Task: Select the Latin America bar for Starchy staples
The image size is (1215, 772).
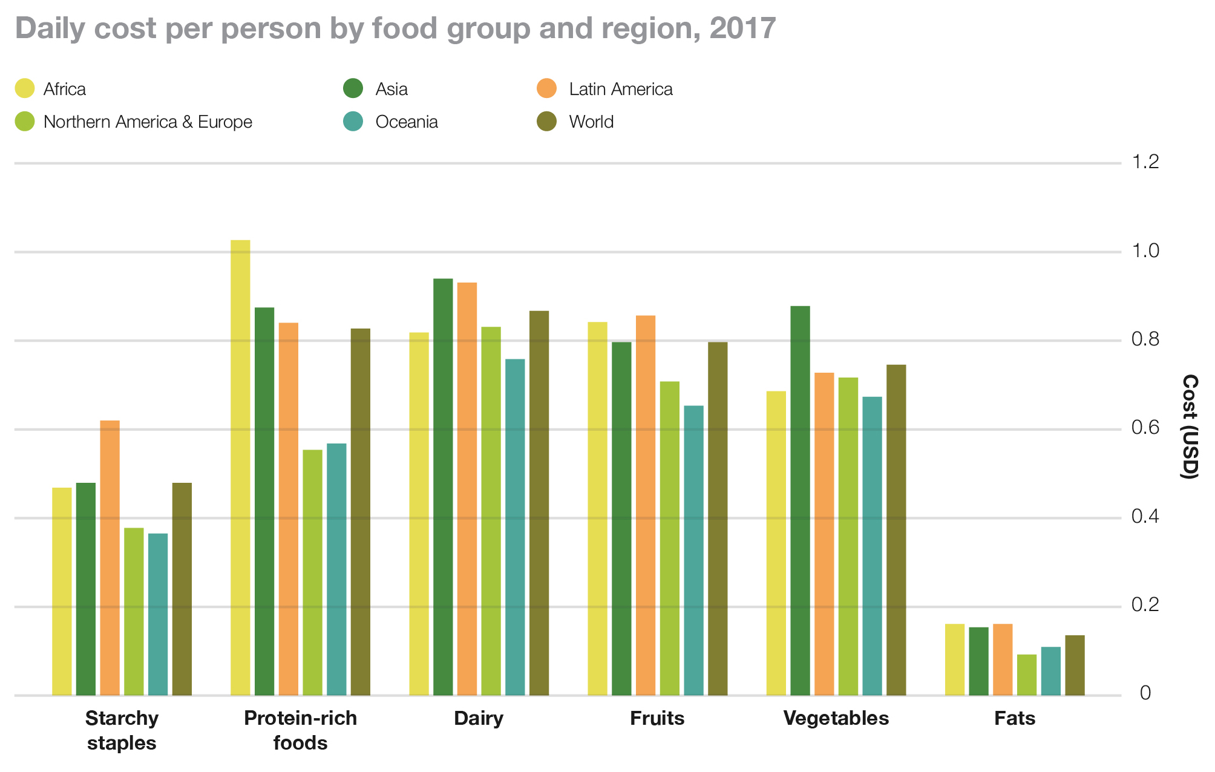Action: tap(110, 558)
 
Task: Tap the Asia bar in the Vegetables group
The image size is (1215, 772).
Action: tap(800, 501)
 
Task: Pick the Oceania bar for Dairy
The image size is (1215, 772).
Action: tap(515, 527)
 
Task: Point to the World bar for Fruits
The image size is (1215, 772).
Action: tap(718, 518)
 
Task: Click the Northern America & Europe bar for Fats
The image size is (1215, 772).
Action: tap(1026, 675)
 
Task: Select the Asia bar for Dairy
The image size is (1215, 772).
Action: tap(443, 487)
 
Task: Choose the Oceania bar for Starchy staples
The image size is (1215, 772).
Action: tap(158, 614)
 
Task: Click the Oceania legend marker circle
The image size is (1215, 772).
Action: tap(353, 122)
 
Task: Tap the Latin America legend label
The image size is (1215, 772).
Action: tap(620, 89)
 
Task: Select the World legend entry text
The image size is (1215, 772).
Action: tap(591, 122)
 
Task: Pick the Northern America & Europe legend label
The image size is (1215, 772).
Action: tap(148, 122)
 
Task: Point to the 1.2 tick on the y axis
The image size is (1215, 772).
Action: tap(1145, 162)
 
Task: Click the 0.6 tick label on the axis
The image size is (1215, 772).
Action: tap(1145, 428)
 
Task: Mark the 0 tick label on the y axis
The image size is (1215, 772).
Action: tap(1145, 693)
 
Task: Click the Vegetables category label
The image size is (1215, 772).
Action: tap(836, 718)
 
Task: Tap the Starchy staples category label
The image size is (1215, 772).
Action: tap(122, 730)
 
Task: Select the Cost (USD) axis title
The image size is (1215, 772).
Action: tap(1190, 427)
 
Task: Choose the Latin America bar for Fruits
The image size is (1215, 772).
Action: tap(646, 505)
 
